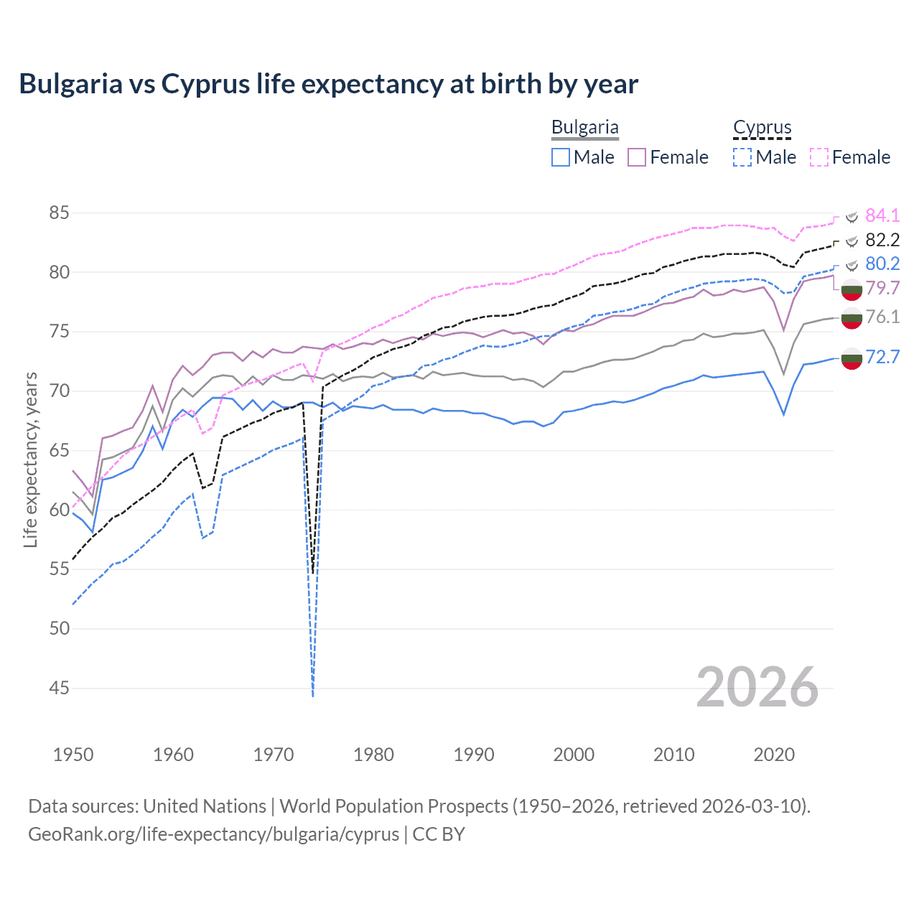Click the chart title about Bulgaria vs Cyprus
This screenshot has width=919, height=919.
(x=328, y=84)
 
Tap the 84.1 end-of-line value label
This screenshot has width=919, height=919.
(x=882, y=215)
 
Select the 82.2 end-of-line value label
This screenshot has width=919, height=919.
(x=882, y=240)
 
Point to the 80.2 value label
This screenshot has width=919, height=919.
(x=882, y=263)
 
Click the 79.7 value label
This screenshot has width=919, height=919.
(x=882, y=288)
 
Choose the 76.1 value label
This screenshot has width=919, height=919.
(x=882, y=317)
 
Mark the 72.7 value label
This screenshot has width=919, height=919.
(x=882, y=357)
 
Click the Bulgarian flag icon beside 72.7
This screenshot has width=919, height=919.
(x=852, y=358)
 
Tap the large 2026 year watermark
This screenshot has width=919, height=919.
(x=757, y=687)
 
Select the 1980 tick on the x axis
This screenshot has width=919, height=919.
(x=373, y=755)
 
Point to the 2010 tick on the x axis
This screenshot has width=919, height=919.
(x=673, y=755)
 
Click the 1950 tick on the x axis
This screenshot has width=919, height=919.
(x=73, y=755)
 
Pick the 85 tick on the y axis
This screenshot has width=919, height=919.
(x=60, y=213)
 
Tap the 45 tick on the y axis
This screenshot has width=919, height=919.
(x=60, y=688)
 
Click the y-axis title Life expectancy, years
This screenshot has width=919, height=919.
(x=31, y=459)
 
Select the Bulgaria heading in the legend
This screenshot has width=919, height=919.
(x=584, y=128)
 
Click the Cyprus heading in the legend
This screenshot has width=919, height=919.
(x=762, y=128)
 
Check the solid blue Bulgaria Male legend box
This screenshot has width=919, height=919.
(x=561, y=157)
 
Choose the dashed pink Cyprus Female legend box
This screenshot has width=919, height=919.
(x=819, y=157)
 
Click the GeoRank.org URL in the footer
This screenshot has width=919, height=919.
(x=213, y=834)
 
